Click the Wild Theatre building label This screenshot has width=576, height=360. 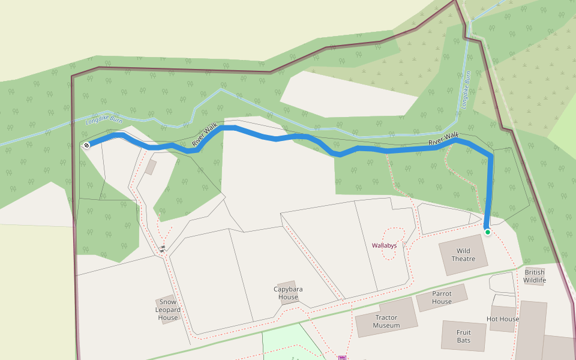pyautogui.click(x=463, y=255)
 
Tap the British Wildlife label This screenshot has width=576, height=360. pyautogui.click(x=534, y=276)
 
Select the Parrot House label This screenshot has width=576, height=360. pyautogui.click(x=442, y=298)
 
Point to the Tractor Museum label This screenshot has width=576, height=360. pyautogui.click(x=386, y=322)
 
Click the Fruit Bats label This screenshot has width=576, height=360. pyautogui.click(x=463, y=336)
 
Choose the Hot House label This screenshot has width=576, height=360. pyautogui.click(x=503, y=319)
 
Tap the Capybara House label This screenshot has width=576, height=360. pyautogui.click(x=288, y=293)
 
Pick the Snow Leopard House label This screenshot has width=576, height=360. pyautogui.click(x=168, y=310)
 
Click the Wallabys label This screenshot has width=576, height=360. pyautogui.click(x=384, y=245)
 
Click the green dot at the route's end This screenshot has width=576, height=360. pyautogui.click(x=488, y=232)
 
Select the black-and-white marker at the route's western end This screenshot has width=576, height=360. pyautogui.click(x=87, y=145)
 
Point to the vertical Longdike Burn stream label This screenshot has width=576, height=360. pyautogui.click(x=465, y=91)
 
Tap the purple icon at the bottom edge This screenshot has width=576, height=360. pyautogui.click(x=342, y=358)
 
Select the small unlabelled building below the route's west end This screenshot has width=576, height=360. pyautogui.click(x=151, y=167)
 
